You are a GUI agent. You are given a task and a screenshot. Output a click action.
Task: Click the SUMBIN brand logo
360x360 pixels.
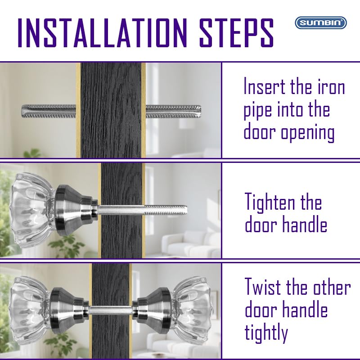[321, 23]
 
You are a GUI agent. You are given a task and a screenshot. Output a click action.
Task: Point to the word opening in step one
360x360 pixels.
[308, 133]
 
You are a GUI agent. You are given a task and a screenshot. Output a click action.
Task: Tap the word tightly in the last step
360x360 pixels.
[266, 332]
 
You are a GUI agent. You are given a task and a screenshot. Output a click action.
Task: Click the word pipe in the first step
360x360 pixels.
[258, 111]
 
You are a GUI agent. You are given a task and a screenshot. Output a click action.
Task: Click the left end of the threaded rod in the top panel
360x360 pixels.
[22, 111]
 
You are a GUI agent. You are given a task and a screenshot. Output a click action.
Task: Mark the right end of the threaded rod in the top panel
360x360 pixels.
[201, 111]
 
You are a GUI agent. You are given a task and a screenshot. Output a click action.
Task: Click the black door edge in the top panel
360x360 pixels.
[111, 110]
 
